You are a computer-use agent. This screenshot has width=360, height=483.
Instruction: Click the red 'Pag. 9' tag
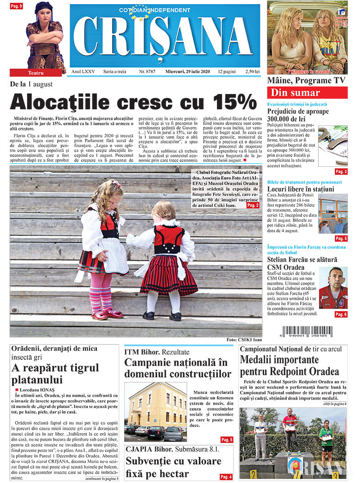[x=16, y=6]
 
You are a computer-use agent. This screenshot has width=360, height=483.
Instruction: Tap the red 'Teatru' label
[x=36, y=72]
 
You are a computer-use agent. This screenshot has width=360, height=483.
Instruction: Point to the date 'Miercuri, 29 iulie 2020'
[x=189, y=72]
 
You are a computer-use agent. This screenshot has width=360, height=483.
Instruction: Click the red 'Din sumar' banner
[x=307, y=93]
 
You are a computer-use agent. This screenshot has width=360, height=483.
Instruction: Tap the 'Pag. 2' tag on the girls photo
[x=253, y=205]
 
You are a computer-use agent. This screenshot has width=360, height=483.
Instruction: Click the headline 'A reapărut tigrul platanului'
[x=55, y=374]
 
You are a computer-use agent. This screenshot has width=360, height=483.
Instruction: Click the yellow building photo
[x=155, y=412]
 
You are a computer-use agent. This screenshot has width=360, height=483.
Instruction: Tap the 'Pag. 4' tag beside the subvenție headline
[x=226, y=476]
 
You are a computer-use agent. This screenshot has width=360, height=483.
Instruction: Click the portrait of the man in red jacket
[x=333, y=288]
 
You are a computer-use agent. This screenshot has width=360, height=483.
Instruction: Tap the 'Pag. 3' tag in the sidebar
[x=341, y=171]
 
